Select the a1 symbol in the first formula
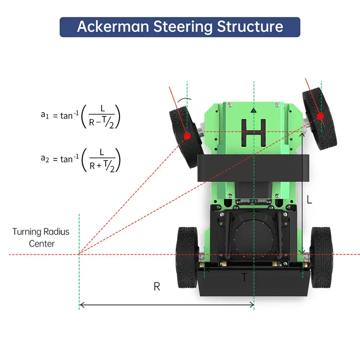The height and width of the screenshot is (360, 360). click(x=45, y=115)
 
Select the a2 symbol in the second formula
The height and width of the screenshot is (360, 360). click(x=45, y=158)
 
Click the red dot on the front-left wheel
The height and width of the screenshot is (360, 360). click(x=187, y=136)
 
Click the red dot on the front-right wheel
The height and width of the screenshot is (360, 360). click(x=320, y=116)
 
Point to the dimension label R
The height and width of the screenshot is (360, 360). click(x=157, y=287)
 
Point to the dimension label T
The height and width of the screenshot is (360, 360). click(x=245, y=278)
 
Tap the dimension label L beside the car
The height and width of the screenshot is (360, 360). click(x=309, y=199)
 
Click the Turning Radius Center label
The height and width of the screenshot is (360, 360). click(x=41, y=237)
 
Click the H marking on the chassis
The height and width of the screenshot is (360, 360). click(x=254, y=132)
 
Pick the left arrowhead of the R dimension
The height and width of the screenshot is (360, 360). click(x=81, y=305)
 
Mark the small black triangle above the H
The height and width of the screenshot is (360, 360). click(x=254, y=111)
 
